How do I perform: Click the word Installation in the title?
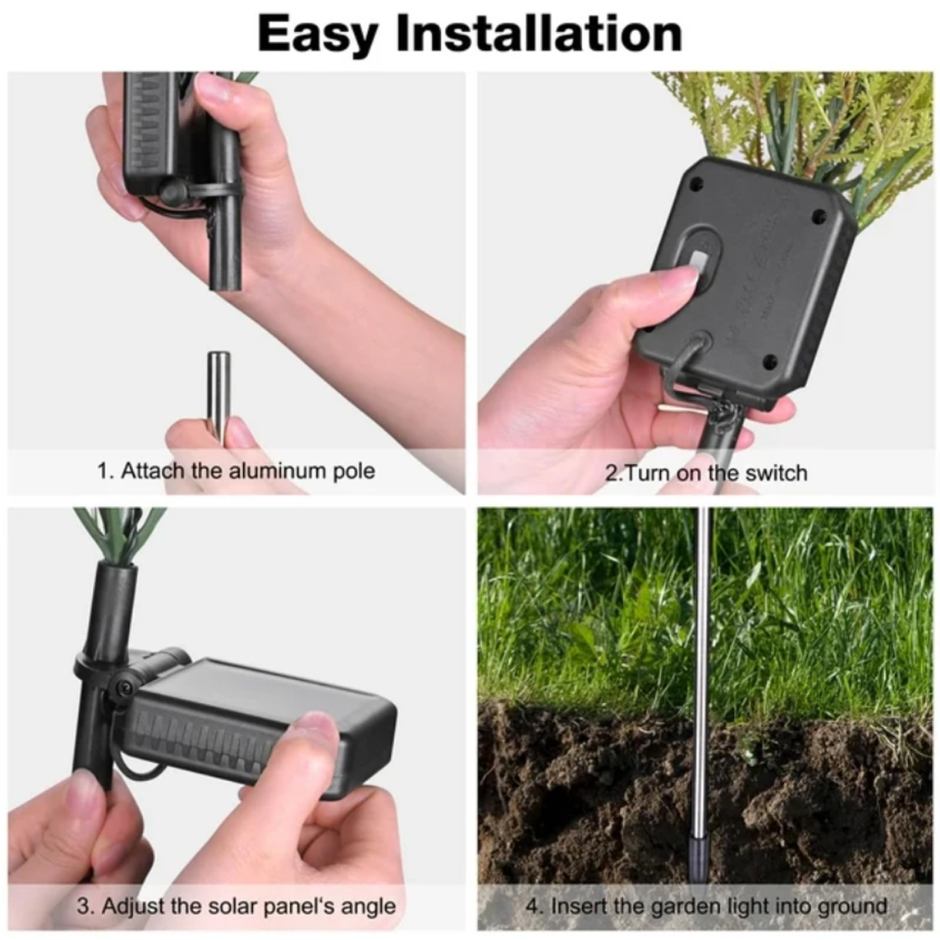point(539,34)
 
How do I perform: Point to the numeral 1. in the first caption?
point(105,471)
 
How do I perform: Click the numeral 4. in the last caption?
point(533,905)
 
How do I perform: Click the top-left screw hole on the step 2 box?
point(697,184)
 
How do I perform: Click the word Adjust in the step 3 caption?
point(134,906)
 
